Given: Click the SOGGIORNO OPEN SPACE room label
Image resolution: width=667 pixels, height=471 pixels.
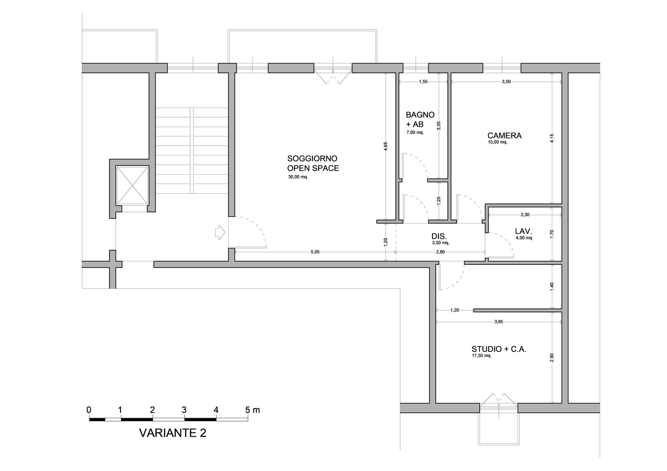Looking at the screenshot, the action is click(313, 163).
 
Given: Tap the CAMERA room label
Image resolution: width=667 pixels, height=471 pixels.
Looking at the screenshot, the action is click(504, 136).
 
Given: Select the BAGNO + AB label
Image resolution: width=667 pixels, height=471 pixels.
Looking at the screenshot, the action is click(420, 120).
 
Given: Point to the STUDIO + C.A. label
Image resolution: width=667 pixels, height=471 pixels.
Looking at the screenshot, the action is click(499, 349).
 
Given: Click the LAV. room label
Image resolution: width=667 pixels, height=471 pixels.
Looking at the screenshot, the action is click(523, 231).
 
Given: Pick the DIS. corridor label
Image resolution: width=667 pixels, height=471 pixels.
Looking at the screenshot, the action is click(439, 236).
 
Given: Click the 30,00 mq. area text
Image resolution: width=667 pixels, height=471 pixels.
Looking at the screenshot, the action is click(298, 177).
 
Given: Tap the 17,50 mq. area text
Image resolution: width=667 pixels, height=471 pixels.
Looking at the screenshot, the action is click(482, 356).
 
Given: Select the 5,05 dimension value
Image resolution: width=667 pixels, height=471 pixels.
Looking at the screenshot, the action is click(315, 252).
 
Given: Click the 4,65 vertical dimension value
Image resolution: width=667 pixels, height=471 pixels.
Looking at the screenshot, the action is click(386, 146).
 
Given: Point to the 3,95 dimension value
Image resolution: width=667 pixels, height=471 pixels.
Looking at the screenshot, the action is click(498, 322).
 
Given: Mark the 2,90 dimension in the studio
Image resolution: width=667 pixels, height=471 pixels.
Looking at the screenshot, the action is click(552, 357).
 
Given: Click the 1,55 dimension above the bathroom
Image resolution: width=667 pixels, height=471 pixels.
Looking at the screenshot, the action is click(423, 81).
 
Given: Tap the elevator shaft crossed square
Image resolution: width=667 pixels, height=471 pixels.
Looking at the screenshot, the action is click(132, 185).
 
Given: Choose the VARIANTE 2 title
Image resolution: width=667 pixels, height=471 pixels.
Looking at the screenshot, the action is click(173, 433).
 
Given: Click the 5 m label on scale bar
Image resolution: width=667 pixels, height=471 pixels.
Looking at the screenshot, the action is click(253, 410).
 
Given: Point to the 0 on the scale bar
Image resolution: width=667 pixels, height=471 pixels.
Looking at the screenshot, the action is click(89, 410).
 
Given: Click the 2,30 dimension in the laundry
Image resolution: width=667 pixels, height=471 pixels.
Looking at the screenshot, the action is click(525, 215).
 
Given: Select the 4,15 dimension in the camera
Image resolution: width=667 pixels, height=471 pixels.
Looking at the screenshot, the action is click(552, 139).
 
